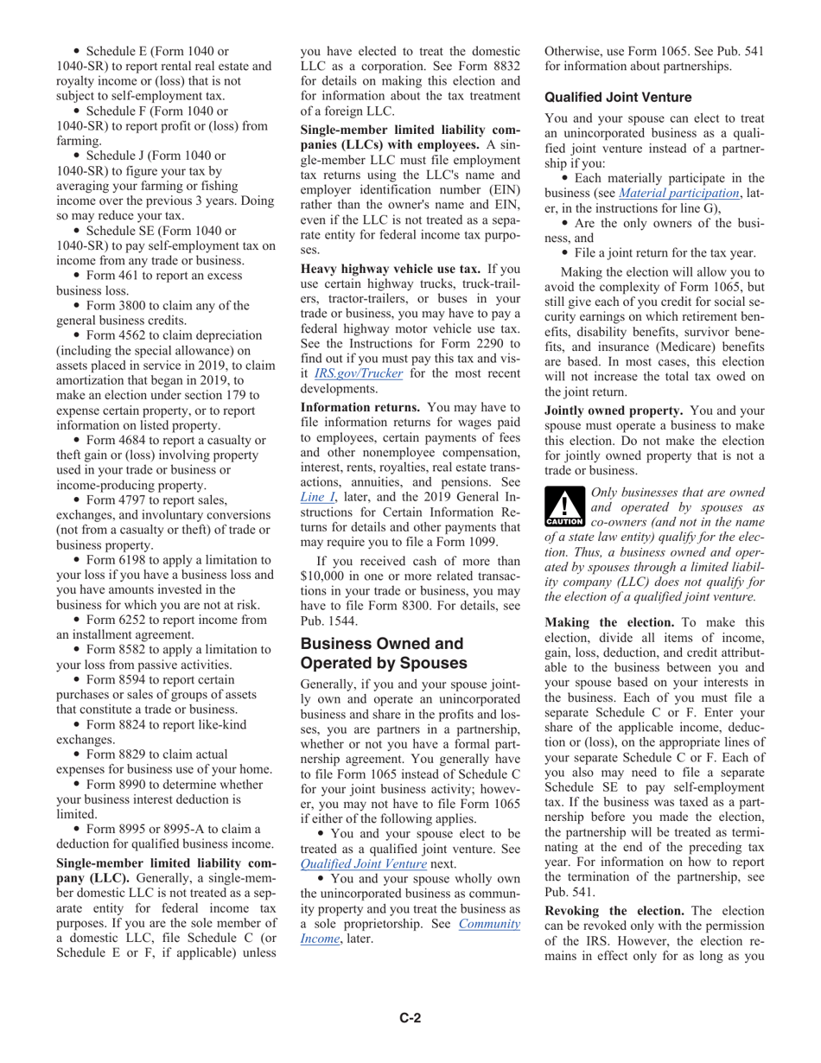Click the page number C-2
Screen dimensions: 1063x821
(410, 1017)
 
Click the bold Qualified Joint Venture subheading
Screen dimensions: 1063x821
(618, 98)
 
